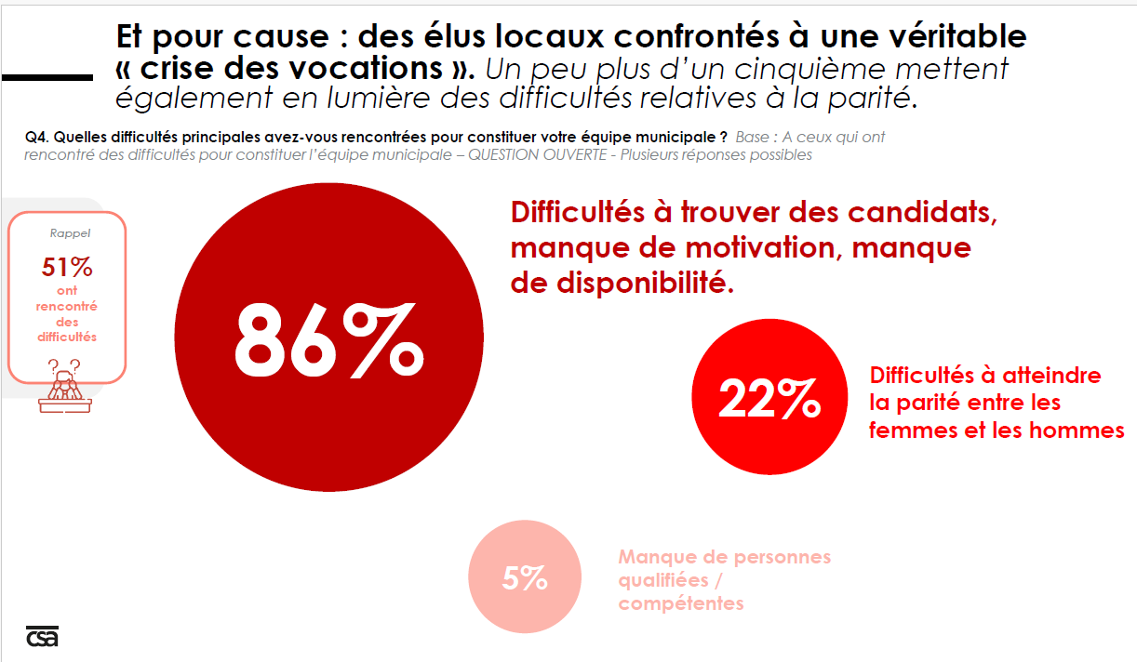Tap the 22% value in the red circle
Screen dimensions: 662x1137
coord(769,402)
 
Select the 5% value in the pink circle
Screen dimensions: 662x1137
coord(525,578)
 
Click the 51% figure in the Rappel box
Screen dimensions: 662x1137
coord(67,268)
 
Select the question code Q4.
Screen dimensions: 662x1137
coord(35,137)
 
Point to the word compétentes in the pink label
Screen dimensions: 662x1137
coord(681,603)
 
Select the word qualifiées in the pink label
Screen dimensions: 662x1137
coord(663,580)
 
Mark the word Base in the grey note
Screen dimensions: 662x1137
coord(753,137)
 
